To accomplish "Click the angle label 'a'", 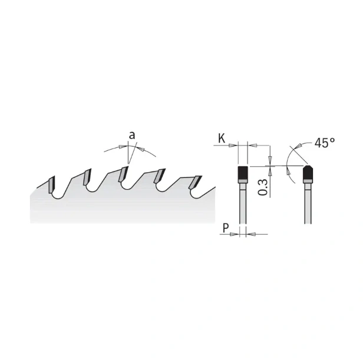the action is [x=132, y=135].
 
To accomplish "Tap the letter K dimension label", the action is [x=222, y=138].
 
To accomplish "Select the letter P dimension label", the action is [x=226, y=228].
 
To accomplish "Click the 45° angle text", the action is [x=325, y=143].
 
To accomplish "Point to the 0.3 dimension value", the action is [x=263, y=187].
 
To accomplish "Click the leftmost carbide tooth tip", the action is [x=52, y=184].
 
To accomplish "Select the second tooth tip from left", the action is [x=87, y=177].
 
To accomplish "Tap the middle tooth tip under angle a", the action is [x=123, y=174].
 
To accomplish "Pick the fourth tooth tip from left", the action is [x=160, y=176].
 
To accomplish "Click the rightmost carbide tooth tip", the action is [x=196, y=183].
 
